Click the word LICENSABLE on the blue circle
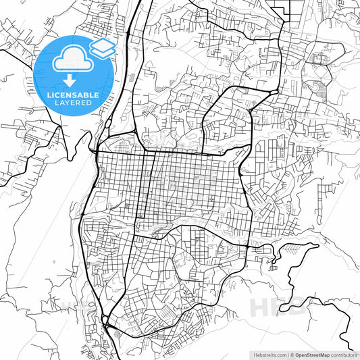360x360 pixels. pyautogui.click(x=74, y=95)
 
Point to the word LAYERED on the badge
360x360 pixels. pyautogui.click(x=74, y=103)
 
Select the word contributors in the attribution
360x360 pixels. pyautogui.click(x=345, y=354)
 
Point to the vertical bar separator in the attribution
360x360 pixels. pyautogui.click(x=288, y=354)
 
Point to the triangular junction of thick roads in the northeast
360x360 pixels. pyautogui.click(x=273, y=91)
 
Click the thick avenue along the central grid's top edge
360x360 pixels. pyautogui.click(x=169, y=153)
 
